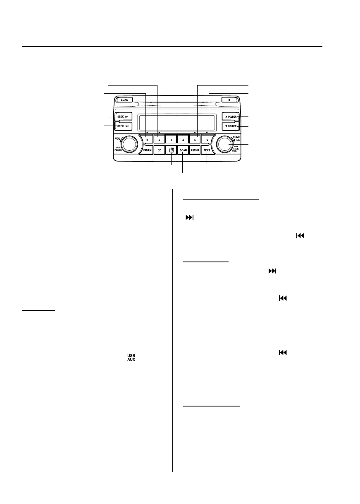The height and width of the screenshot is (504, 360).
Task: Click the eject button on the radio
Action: click(229, 100)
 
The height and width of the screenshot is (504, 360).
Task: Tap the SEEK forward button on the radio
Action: click(124, 116)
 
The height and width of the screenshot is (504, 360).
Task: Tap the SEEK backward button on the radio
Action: click(124, 126)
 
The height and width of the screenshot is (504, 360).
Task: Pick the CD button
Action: click(159, 151)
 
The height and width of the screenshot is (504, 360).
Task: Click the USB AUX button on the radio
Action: click(171, 151)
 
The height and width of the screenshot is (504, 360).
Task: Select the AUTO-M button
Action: click(195, 151)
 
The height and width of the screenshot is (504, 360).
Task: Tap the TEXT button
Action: click(207, 151)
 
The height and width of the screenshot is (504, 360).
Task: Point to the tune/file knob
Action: click(224, 144)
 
